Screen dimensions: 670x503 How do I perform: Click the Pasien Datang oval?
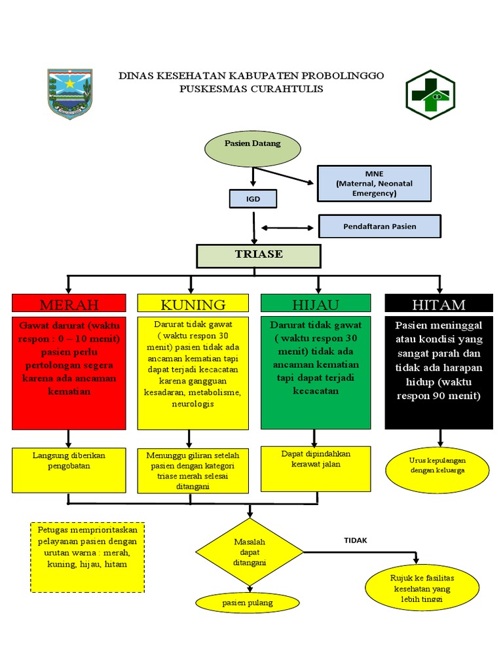click(x=253, y=149)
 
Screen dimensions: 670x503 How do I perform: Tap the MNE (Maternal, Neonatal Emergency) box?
click(x=374, y=183)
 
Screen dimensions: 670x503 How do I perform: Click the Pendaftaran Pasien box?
click(x=380, y=226)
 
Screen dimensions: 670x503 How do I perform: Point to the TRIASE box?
click(x=259, y=255)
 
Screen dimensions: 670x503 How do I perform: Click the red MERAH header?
click(x=69, y=304)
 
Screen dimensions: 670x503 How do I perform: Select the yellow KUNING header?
click(x=193, y=304)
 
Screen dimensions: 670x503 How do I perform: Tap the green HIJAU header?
click(x=316, y=304)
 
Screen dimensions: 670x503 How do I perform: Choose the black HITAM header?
click(x=438, y=304)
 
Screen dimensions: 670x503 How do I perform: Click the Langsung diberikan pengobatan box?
click(x=69, y=470)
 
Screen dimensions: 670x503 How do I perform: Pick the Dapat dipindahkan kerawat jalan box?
click(x=316, y=468)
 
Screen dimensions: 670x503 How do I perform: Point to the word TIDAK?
click(x=356, y=540)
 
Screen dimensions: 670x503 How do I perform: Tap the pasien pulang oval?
click(x=248, y=603)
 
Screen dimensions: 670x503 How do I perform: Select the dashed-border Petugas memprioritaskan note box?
click(x=88, y=557)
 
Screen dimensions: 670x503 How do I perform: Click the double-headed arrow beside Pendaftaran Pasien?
click(x=288, y=228)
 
